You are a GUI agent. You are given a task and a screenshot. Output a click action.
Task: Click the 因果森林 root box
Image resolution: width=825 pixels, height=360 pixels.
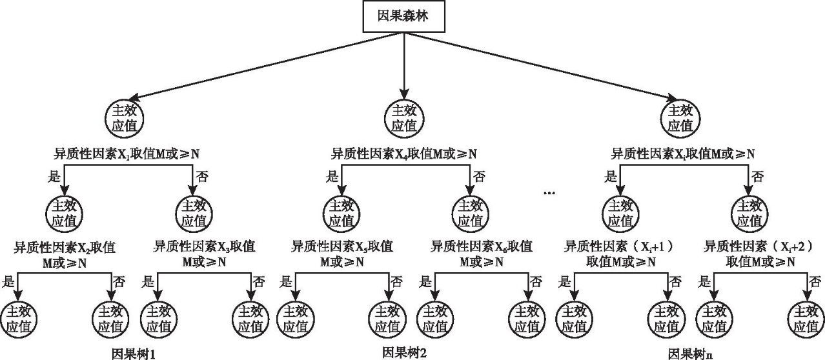403,17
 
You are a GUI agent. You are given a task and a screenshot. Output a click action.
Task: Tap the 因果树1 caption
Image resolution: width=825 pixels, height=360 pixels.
134,354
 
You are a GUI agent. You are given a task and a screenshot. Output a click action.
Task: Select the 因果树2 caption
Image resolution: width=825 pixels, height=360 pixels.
405,352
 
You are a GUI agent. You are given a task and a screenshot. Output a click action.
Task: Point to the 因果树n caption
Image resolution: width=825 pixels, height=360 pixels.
691,354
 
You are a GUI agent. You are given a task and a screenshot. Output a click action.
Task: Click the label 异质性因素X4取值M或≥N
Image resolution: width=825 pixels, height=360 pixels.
404,154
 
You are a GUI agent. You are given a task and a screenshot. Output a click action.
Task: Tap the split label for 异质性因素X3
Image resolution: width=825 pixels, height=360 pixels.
204,254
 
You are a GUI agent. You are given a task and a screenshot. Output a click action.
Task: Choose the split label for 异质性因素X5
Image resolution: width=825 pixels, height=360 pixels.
342,254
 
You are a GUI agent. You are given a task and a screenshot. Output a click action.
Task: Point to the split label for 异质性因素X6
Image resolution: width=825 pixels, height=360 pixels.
482,254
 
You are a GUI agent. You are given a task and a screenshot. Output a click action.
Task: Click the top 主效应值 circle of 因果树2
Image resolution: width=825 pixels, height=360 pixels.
404,117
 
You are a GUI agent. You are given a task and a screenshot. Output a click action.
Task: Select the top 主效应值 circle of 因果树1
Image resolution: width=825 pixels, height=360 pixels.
125,117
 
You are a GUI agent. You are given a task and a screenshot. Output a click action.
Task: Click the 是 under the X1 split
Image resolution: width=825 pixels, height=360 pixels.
54,175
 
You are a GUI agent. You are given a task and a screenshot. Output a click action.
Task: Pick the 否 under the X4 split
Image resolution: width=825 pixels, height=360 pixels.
479,175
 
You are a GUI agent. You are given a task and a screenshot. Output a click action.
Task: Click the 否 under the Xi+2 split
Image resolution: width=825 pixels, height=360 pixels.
815,282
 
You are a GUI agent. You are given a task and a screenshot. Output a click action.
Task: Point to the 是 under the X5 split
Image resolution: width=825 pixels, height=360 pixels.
285,282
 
